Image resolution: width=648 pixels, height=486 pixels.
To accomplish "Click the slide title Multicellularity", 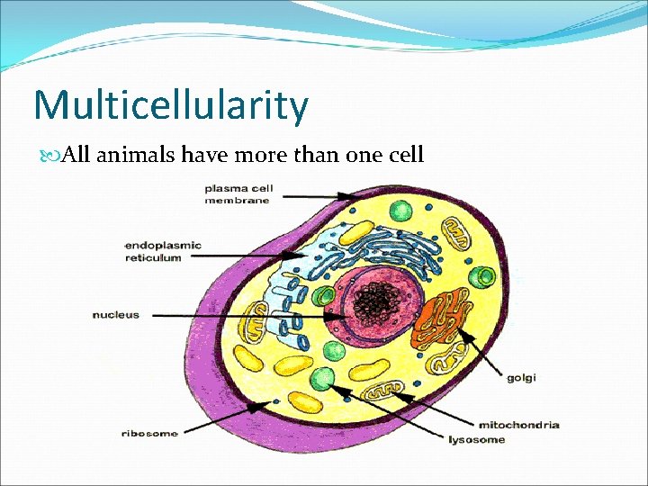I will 171,105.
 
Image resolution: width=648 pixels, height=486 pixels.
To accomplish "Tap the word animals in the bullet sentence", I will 135,155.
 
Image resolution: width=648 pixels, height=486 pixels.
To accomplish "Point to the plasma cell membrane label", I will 238,194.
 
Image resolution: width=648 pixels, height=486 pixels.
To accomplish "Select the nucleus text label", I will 116,315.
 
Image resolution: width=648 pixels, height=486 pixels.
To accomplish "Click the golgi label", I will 521,378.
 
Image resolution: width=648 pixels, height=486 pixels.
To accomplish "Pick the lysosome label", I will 476,440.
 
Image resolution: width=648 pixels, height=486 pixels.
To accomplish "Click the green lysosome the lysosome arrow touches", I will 322,379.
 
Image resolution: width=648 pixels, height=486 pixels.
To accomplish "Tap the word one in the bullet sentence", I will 354,155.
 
